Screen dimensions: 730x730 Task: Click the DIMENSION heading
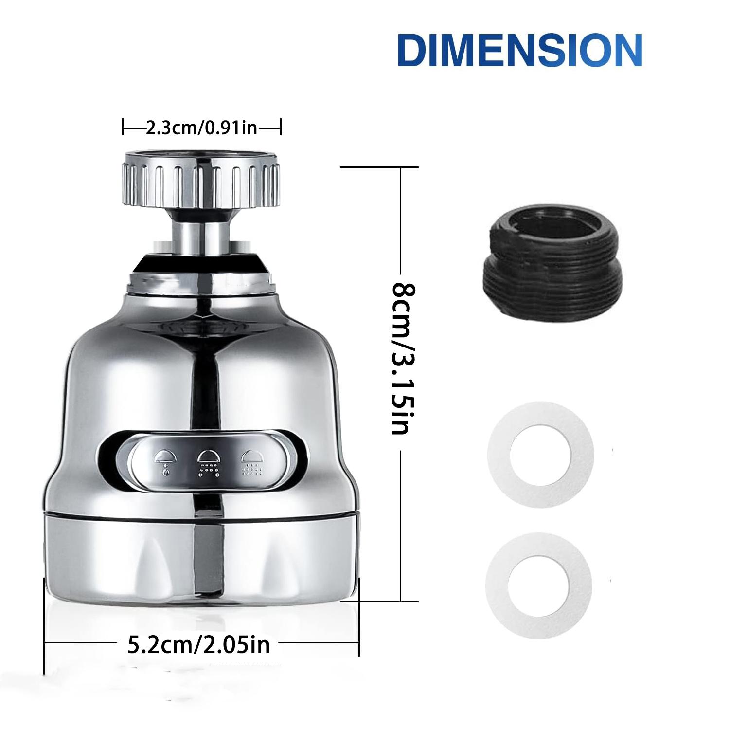coord(519,50)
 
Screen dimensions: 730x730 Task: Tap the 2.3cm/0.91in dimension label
coord(201,128)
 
